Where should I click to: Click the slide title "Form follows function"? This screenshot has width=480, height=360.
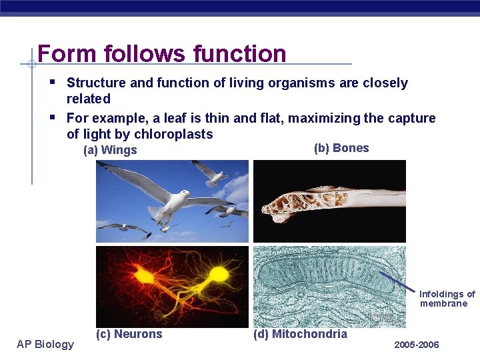[162, 53]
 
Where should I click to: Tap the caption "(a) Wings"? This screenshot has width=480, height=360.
[110, 150]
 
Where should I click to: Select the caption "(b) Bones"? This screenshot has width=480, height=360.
[341, 148]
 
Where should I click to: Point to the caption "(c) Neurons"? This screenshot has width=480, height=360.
[129, 334]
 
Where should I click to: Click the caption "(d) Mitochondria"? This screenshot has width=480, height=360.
[300, 334]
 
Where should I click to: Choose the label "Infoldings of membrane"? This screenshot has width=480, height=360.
[447, 299]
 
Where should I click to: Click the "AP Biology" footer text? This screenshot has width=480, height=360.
[46, 344]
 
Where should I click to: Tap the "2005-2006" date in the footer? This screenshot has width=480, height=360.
[417, 345]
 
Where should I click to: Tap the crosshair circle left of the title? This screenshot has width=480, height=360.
[31, 65]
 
